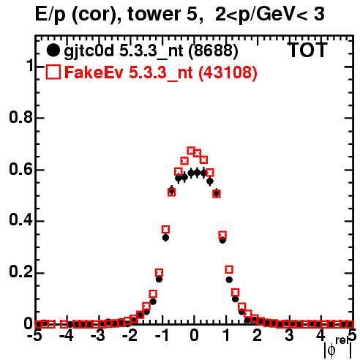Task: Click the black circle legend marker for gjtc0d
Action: (53, 50)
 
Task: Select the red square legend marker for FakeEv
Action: (53, 72)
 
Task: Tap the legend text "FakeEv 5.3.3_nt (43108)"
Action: (161, 72)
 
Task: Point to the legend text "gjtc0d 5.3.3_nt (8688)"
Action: (151, 51)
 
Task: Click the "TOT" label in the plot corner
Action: (307, 50)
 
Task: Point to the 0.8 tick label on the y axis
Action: (21, 117)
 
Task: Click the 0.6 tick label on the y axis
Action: (21, 169)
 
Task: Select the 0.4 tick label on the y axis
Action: (21, 221)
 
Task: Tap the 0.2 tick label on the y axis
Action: (21, 272)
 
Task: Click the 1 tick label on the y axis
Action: (30, 66)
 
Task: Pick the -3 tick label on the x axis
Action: (98, 336)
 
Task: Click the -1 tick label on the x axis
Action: (162, 336)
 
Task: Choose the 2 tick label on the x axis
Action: (258, 336)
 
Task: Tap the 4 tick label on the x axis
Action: (321, 336)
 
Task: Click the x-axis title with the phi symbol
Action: (338, 348)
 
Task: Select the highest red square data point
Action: (191, 151)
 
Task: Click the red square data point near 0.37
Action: (165, 230)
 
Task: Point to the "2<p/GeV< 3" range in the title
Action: (270, 15)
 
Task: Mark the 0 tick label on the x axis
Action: (194, 336)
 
